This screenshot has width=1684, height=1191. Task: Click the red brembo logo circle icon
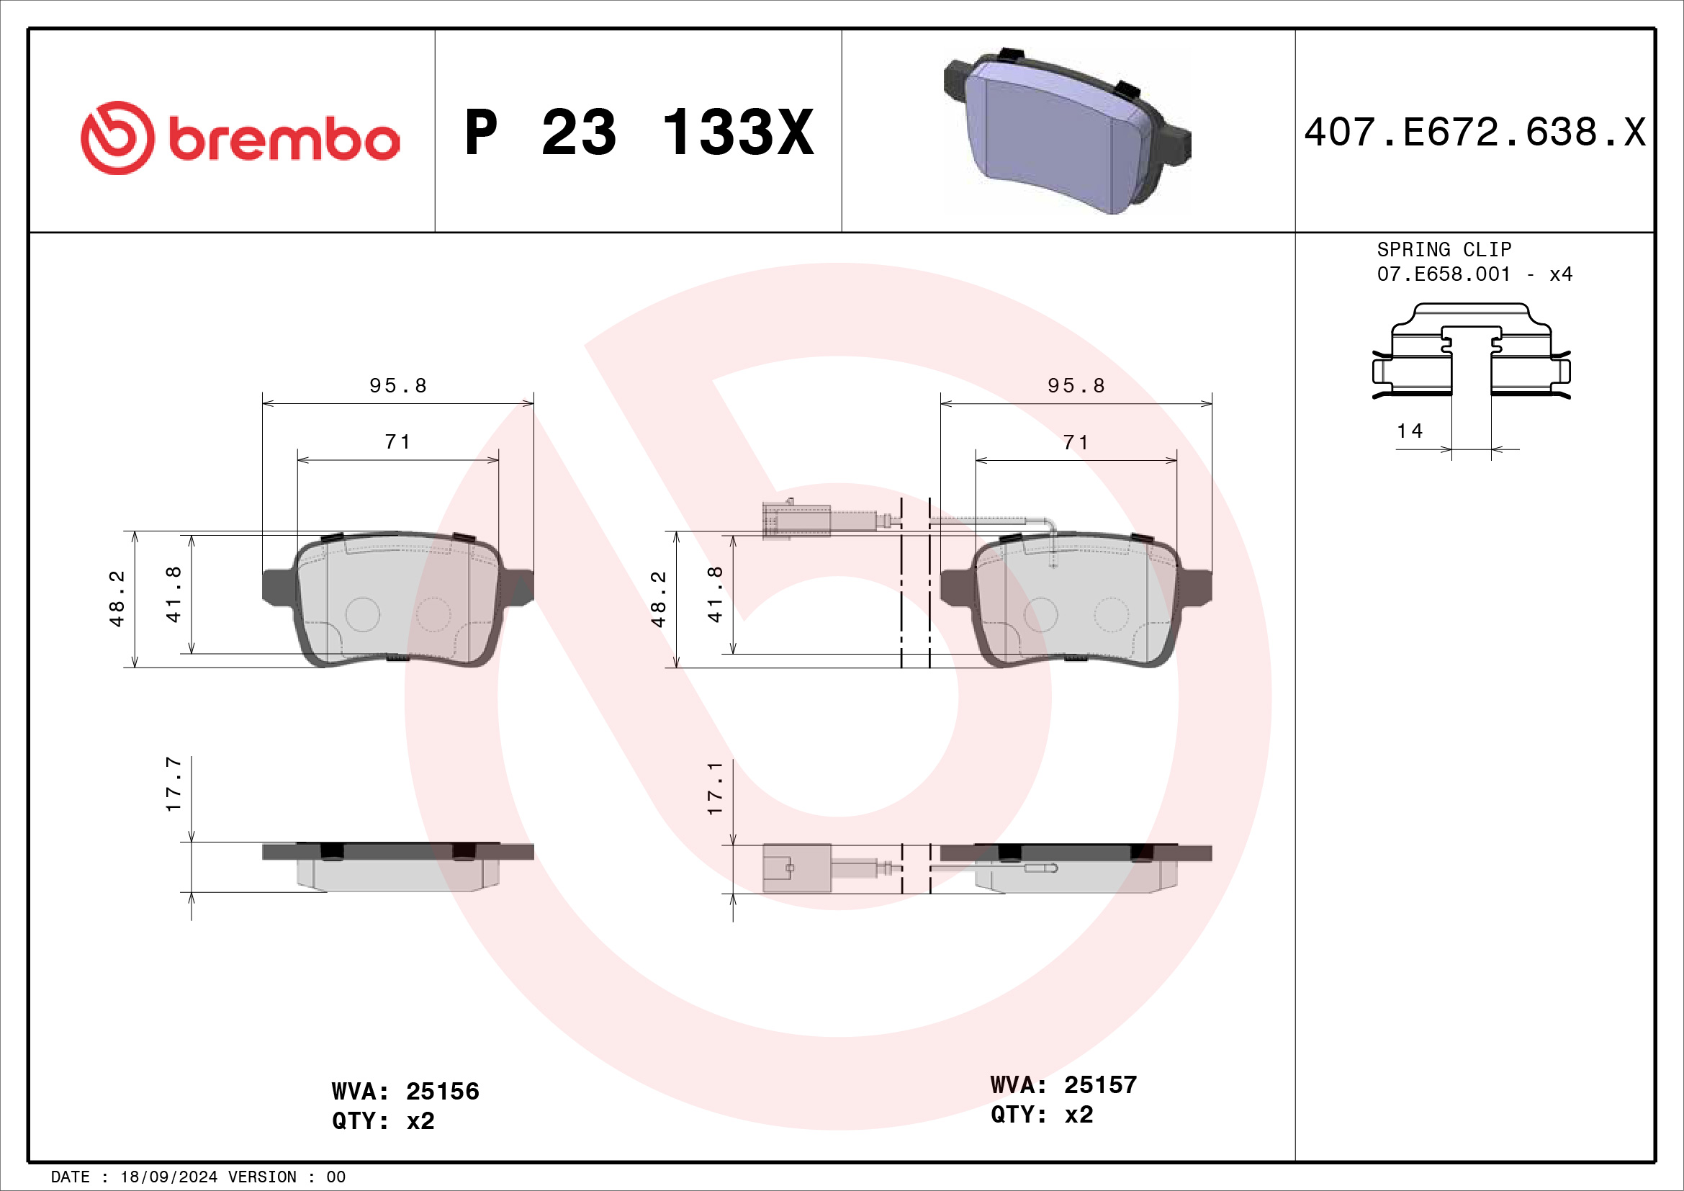pos(117,138)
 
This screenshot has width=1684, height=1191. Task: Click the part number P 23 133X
pos(638,132)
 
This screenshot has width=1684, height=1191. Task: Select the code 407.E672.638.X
pos(1474,132)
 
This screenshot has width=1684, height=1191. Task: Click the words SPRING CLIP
pos(1444,249)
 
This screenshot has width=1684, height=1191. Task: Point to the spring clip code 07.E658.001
pos(1444,274)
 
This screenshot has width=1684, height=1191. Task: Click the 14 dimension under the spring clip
pos(1409,431)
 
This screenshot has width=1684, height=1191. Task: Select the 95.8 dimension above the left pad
pos(397,386)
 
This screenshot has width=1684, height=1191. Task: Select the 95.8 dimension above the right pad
pos(1075,386)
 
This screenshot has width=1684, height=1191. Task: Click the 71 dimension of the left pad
pos(397,442)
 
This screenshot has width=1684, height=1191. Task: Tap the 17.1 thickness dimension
pos(714,788)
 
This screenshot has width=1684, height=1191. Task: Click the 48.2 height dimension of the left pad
pos(117,598)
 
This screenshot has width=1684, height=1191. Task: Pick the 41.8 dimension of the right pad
pos(714,595)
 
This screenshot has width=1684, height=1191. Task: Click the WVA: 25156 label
pos(405,1091)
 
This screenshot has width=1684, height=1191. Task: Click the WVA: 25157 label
pos(1063,1084)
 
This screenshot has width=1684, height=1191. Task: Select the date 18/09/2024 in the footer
pos(168,1177)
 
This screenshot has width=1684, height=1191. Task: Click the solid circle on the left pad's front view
pos(362,614)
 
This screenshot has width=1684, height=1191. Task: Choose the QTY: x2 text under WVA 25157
pos(1042,1115)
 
